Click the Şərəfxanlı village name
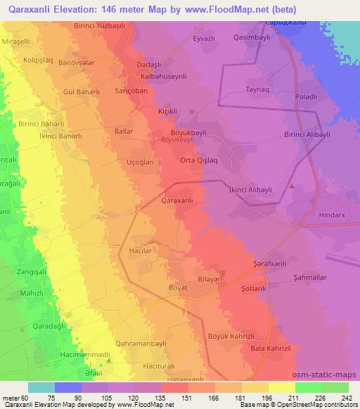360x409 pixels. pyautogui.click(x=272, y=264)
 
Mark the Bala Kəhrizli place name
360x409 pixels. pyautogui.click(x=270, y=348)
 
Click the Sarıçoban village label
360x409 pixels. pyautogui.click(x=129, y=91)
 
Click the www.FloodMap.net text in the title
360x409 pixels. pyautogui.click(x=230, y=9)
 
